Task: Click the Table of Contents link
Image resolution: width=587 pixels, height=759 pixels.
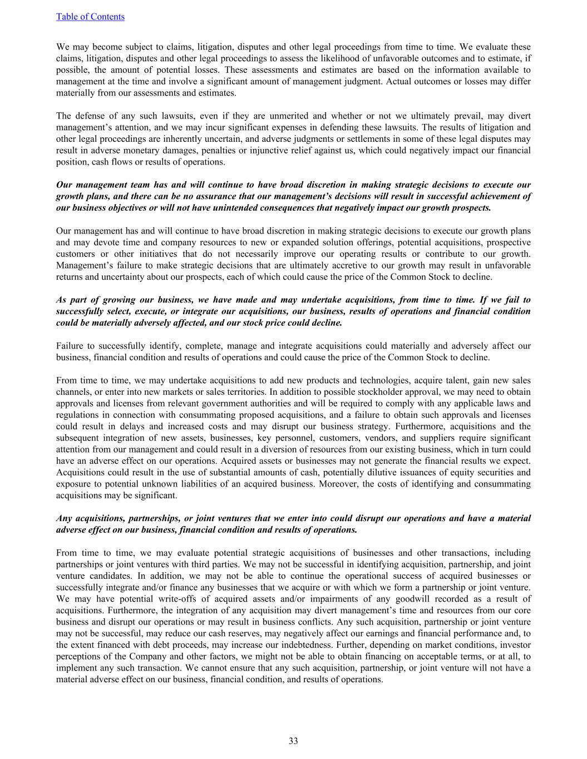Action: tap(90, 17)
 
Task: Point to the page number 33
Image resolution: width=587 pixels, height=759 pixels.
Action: tap(293, 741)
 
